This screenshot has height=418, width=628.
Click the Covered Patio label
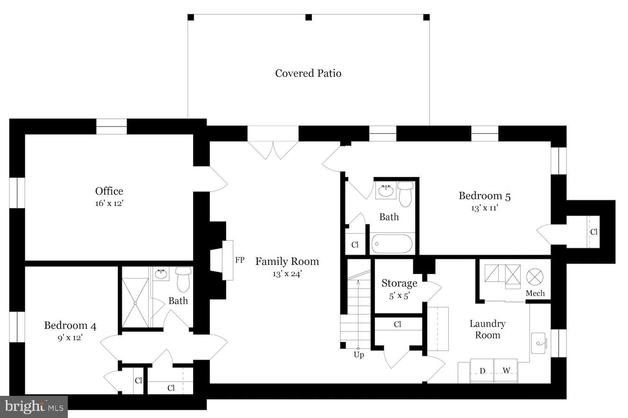point(308,73)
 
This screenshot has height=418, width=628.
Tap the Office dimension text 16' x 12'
point(109,204)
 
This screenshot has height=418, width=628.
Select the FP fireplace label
point(239,260)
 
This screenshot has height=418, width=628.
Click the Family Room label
point(287,262)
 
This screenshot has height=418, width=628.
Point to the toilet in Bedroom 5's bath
point(405,193)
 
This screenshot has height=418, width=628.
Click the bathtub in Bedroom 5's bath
point(392,244)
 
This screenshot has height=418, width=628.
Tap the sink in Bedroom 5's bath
point(386,191)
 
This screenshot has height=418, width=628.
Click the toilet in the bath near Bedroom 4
point(184,279)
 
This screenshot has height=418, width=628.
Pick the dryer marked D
point(482,371)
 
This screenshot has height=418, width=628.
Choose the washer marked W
point(506,371)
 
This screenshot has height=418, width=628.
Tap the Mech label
point(535,293)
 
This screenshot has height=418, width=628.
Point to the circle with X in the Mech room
point(534,277)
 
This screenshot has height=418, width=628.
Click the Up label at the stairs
point(359,355)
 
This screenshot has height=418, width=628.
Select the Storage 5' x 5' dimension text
point(399,296)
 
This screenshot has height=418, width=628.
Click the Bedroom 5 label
point(484,196)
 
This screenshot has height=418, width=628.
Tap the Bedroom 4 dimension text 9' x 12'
point(70,337)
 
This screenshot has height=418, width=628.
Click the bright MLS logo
point(34,407)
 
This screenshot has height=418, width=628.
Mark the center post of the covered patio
point(309,17)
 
